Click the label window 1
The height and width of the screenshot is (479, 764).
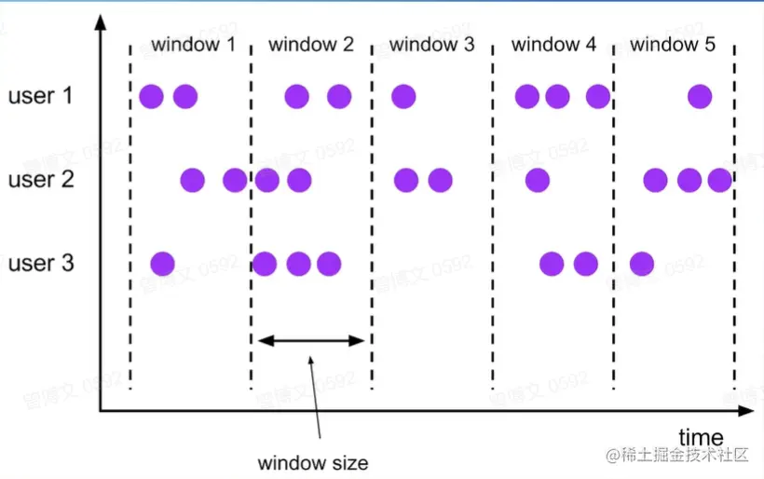pos(193,44)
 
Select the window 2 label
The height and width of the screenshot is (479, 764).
pos(311,44)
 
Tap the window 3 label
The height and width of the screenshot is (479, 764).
pos(431,44)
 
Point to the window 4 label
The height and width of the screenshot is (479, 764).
pos(553,44)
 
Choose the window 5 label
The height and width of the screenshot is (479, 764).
pos(673,44)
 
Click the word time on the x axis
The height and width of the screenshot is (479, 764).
pos(701,437)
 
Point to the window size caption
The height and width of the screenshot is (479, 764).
pos(313,462)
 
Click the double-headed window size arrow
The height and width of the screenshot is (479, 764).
pos(312,340)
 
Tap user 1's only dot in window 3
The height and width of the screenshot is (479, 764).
pos(403,96)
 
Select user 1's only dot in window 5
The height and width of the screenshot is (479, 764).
pos(700,96)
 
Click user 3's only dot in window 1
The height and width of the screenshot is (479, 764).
pos(162,264)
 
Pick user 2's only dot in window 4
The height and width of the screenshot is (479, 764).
pos(537,180)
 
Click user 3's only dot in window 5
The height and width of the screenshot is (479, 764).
pos(641,264)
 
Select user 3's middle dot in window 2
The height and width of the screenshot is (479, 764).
pos(298,264)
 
